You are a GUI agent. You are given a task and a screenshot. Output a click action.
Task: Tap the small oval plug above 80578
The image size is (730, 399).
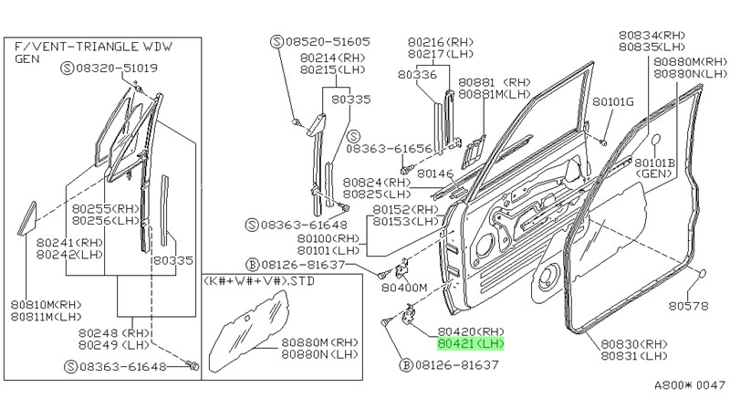click(x=704, y=275)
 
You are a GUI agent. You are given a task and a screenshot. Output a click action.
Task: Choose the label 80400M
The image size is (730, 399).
click(x=404, y=287)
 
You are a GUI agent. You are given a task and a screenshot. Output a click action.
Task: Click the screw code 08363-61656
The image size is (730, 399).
click(x=396, y=147)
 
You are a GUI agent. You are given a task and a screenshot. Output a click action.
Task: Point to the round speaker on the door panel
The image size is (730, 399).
click(x=549, y=278)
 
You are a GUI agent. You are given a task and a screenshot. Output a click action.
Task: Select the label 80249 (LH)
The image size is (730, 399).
click(x=114, y=345)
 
